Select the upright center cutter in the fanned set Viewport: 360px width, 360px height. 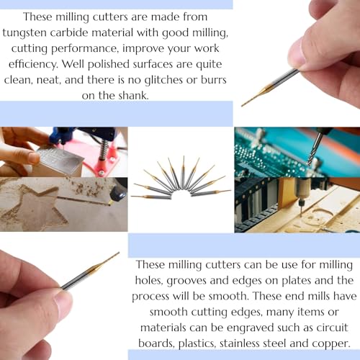point(183,170)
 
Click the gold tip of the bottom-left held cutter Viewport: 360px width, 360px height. point(108,260)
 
